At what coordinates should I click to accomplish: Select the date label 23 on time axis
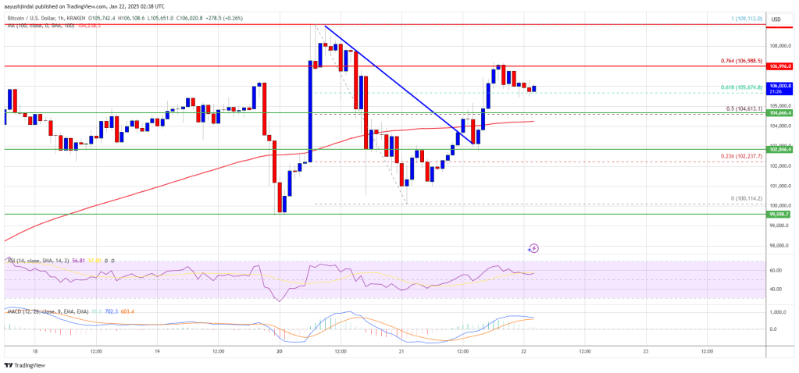coord(646,351)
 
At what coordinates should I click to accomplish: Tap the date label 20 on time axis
coord(279,351)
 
